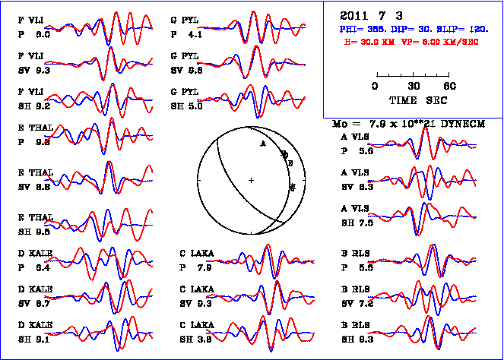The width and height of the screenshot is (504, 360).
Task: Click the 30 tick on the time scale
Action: pyautogui.click(x=414, y=86)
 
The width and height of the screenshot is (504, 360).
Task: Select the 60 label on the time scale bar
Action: pyautogui.click(x=450, y=86)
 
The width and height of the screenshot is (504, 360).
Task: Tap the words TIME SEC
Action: pyautogui.click(x=413, y=100)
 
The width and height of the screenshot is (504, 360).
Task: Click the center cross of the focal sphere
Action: pyautogui.click(x=251, y=180)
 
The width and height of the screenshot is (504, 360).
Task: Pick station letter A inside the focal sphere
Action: pyautogui.click(x=262, y=143)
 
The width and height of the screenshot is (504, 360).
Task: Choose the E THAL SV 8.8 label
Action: pyautogui.click(x=36, y=179)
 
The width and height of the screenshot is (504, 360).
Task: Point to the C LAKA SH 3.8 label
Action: pyautogui.click(x=195, y=332)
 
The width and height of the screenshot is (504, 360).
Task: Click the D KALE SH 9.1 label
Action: pyautogui.click(x=36, y=332)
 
